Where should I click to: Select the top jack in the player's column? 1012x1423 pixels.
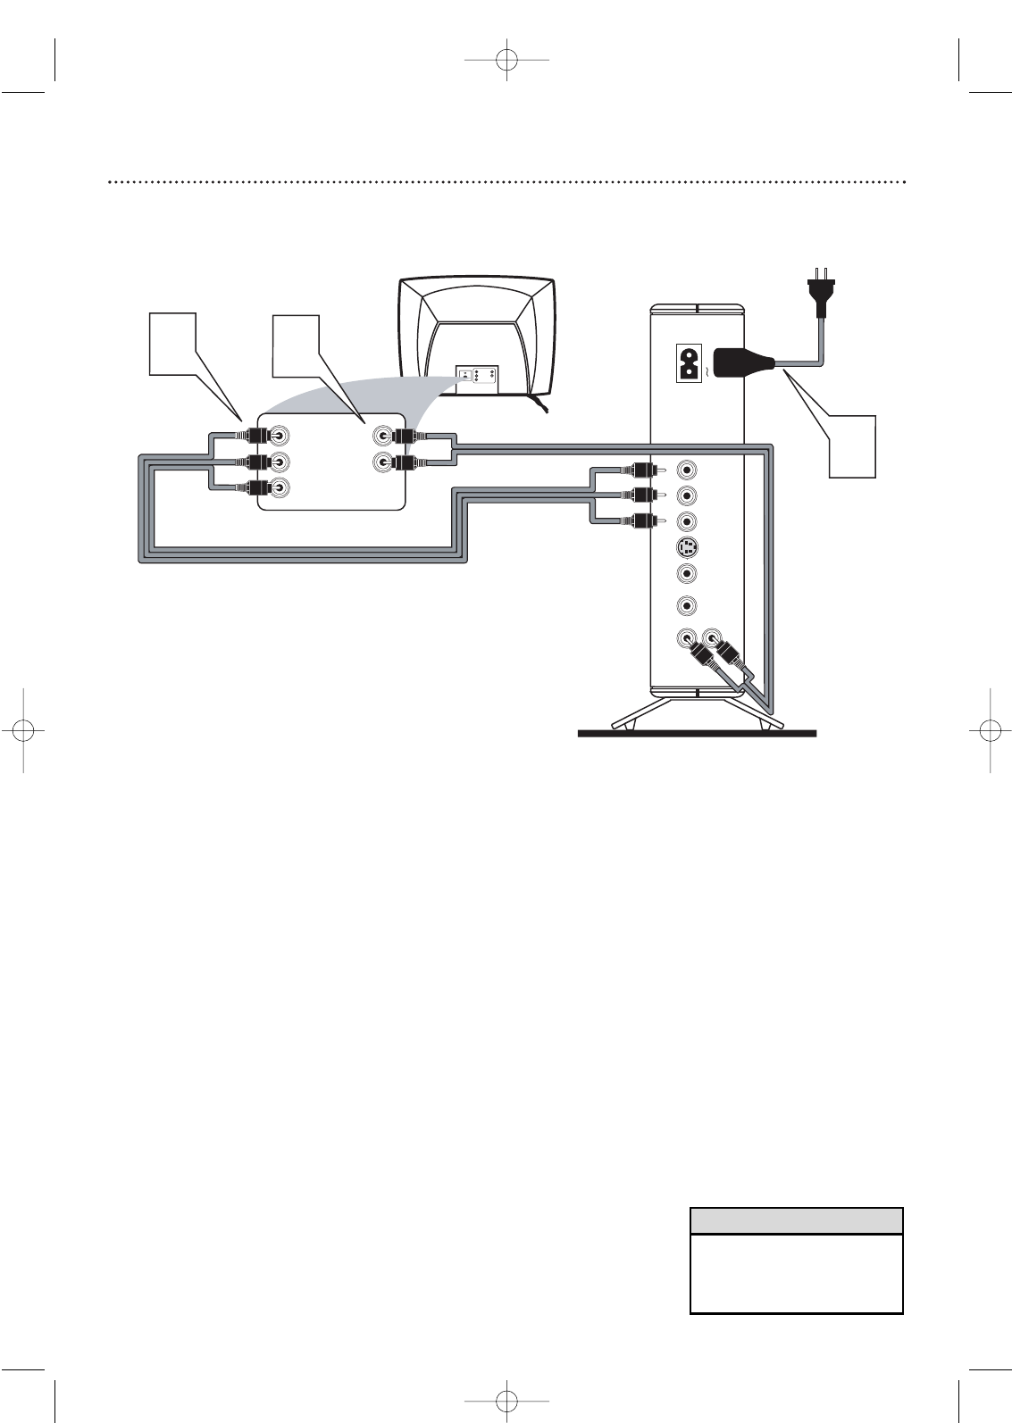687,469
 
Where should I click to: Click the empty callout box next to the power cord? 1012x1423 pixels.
852,445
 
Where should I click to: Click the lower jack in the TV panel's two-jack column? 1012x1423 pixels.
383,462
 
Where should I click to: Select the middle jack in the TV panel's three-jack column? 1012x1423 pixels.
280,462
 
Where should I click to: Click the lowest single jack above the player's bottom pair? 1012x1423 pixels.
687,605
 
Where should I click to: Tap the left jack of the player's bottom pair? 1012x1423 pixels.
685,639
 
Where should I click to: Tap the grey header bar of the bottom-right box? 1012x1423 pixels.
796,1220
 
